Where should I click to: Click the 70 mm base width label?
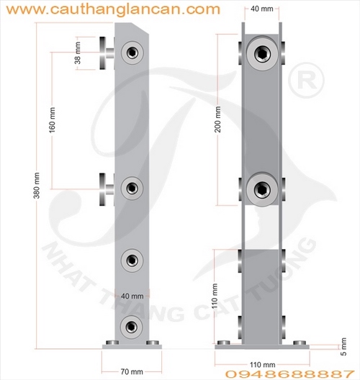coord(132,371)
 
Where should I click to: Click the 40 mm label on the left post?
coord(132,296)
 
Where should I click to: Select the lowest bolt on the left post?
coord(132,325)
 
